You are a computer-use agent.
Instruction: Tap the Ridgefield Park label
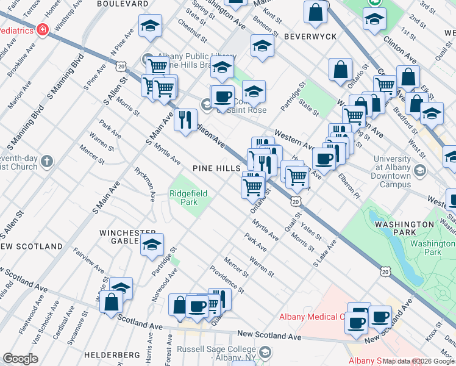pyautogui.click(x=188, y=198)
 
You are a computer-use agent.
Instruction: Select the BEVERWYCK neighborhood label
pyautogui.click(x=310, y=37)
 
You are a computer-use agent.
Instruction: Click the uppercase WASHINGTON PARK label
pyautogui.click(x=404, y=224)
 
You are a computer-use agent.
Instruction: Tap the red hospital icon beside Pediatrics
pyautogui.click(x=43, y=29)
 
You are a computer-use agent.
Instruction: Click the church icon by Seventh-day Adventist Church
pyautogui.click(x=47, y=162)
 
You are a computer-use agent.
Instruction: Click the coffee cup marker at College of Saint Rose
pyautogui.click(x=223, y=96)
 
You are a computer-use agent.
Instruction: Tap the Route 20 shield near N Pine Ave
pyautogui.click(x=123, y=65)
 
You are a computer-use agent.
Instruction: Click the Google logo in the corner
pyautogui.click(x=20, y=359)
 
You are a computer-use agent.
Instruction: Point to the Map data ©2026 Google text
pyautogui.click(x=419, y=361)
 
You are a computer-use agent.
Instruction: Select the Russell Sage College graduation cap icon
pyautogui.click(x=265, y=352)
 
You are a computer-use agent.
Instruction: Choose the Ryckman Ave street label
pyautogui.click(x=146, y=184)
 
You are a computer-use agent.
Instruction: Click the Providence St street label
pyautogui.click(x=227, y=278)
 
